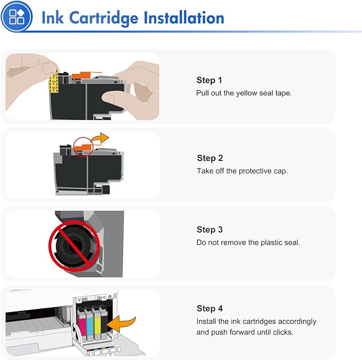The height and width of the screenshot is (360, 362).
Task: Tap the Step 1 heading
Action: pos(209,80)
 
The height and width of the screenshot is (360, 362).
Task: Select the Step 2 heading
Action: pos(210,158)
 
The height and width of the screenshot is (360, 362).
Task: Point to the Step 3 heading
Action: pos(210,230)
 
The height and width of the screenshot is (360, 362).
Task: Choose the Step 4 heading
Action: pos(210,308)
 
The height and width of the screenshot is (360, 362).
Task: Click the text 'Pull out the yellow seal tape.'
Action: pos(244,93)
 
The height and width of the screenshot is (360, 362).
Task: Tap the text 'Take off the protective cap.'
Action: pos(242,171)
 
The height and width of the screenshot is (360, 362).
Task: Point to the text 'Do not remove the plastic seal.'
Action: pos(248,243)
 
